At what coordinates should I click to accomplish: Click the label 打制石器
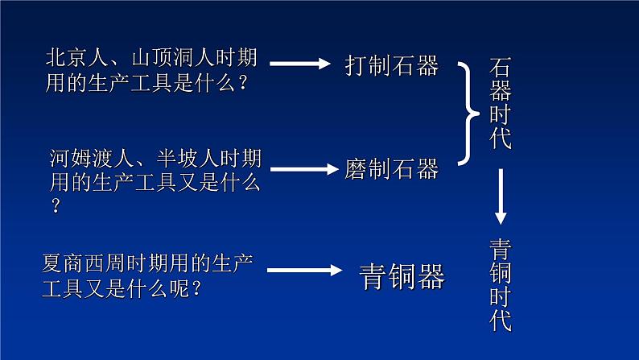[392, 65]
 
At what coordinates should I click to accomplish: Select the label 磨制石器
[392, 169]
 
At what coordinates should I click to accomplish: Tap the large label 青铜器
[401, 276]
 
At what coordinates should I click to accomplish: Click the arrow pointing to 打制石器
[299, 64]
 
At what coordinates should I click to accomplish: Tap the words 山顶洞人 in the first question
[165, 59]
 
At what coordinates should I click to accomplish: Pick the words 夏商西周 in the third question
[77, 263]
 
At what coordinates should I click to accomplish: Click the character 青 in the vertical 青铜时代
[500, 249]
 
